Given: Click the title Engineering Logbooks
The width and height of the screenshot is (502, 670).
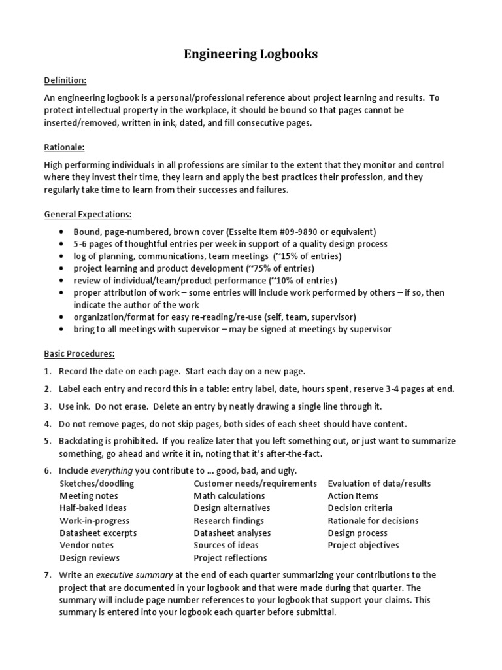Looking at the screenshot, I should point(251,54).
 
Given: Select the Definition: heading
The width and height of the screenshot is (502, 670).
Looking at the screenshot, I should point(65,80).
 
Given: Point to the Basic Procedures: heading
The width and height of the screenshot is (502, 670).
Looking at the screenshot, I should point(79,353).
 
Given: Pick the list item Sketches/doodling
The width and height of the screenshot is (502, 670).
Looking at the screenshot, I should point(97,484).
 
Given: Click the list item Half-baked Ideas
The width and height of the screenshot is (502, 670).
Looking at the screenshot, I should point(93,508).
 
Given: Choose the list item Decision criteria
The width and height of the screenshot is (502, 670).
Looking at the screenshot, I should point(360,508).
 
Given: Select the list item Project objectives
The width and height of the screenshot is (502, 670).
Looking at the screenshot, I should point(363,545).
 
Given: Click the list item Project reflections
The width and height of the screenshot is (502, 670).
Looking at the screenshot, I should point(230,558).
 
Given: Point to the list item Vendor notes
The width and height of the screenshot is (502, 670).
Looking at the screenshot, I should point(86,545).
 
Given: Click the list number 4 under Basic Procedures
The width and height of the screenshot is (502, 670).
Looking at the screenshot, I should point(48,424).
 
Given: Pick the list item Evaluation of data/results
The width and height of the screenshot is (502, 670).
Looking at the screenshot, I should point(379,484).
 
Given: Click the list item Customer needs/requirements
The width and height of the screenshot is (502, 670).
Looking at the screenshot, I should point(255,484).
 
